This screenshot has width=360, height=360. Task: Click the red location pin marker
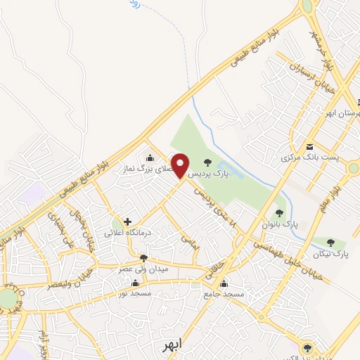(x=180, y=165)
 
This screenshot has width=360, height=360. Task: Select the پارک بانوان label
(x=279, y=224)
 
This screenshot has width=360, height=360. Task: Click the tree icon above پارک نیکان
(x=330, y=243)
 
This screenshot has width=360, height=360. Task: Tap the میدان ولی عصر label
(x=143, y=269)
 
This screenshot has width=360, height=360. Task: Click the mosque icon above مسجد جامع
(x=224, y=284)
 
